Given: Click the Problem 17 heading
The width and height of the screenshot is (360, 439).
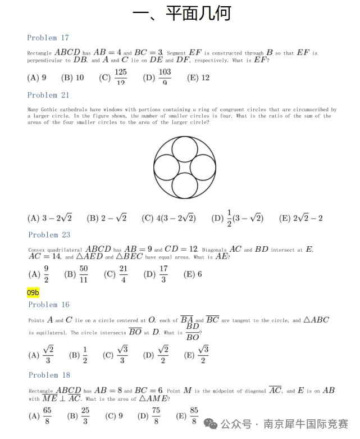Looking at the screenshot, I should (x=48, y=38).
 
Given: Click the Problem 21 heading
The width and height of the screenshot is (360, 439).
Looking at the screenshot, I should (x=48, y=95).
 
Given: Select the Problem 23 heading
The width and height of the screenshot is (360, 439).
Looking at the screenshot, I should (x=49, y=234).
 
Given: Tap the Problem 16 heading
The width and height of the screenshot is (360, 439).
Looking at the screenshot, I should (x=49, y=305).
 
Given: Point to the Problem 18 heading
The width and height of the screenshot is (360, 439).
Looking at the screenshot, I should (x=49, y=375).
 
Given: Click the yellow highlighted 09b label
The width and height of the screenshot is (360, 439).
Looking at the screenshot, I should (x=33, y=292).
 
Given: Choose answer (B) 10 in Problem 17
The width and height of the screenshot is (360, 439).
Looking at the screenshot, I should (x=72, y=78).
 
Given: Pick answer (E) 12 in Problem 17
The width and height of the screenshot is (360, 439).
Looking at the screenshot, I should (x=198, y=78).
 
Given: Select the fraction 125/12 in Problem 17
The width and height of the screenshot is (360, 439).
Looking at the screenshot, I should (x=120, y=77).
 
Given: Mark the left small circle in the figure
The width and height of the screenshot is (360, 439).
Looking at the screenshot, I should (x=166, y=168).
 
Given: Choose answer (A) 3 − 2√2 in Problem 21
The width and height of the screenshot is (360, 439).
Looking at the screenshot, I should (x=49, y=218).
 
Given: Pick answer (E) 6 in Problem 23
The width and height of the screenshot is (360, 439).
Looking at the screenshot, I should (x=193, y=274).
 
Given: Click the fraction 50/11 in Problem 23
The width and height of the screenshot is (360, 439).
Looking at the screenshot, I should (x=84, y=274).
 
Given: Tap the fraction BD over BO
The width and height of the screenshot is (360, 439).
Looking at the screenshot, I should (x=192, y=332).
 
